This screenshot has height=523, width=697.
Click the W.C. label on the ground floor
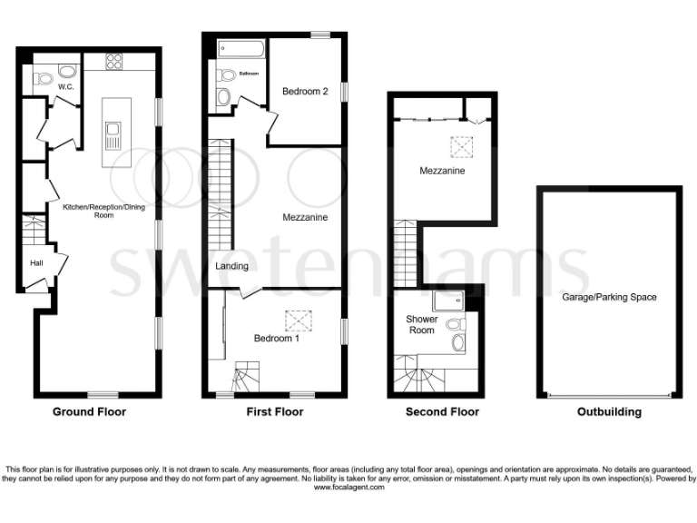[64, 87]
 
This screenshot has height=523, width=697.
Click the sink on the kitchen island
[114, 139]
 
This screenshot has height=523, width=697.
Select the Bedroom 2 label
[305, 91]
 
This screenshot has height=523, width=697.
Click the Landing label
[231, 266]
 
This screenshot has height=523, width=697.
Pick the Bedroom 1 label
[277, 338]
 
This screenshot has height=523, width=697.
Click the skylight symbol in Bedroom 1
[297, 319]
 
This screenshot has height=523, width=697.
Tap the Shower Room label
[421, 325]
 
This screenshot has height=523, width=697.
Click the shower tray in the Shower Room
[447, 303]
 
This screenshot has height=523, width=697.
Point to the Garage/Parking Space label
[608, 297]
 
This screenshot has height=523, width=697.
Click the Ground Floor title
[89, 411]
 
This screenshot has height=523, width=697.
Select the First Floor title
[275, 411]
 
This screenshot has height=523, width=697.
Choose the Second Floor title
[442, 411]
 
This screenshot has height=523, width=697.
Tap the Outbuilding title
[609, 411]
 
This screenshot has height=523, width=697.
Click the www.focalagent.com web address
[348, 488]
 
